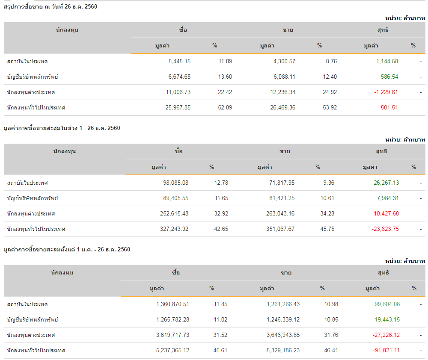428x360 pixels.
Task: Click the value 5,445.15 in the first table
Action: pos(179,62)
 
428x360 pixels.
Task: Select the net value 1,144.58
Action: pos(387,62)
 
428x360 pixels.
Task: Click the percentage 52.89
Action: pos(225,108)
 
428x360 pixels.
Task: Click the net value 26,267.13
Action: pos(386,183)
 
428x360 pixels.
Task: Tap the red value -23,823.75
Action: pos(385,229)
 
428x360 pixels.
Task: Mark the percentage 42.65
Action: pos(221,229)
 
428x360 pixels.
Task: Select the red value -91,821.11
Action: pos(386,351)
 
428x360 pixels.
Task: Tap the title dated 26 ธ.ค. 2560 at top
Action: pos(51,6)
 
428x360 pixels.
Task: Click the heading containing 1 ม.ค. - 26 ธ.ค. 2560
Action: pos(67,249)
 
